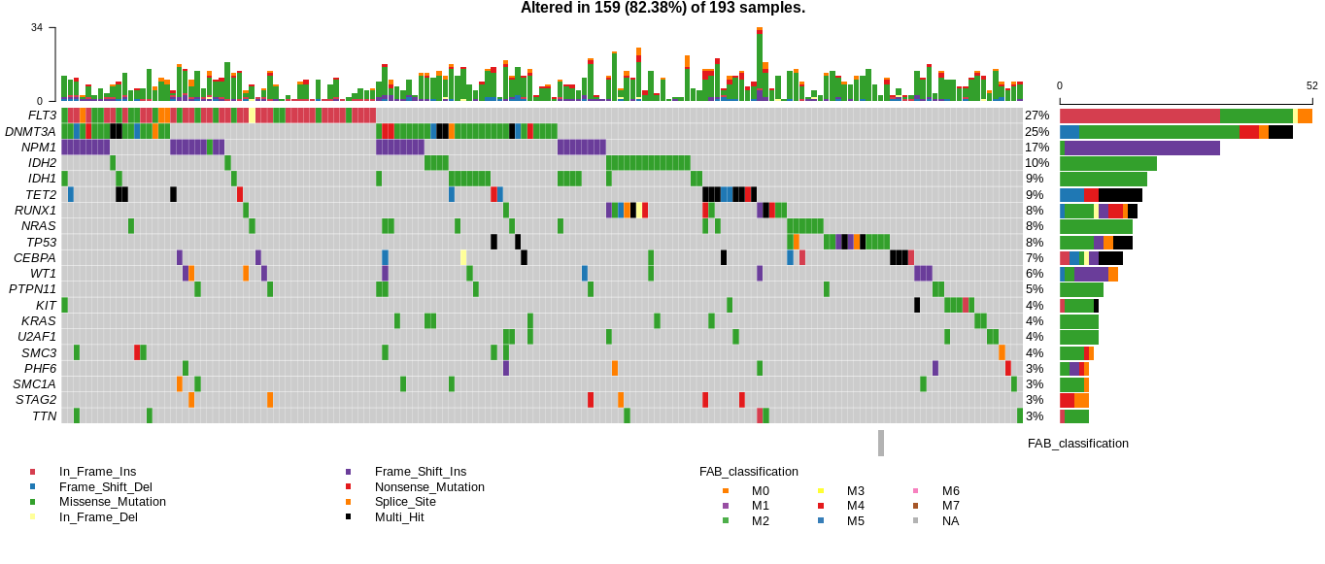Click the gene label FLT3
click(x=42, y=116)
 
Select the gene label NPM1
click(x=39, y=148)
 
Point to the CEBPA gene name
click(x=34, y=258)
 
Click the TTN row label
click(x=44, y=416)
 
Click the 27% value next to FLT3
click(x=1036, y=116)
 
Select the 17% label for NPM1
click(x=1036, y=148)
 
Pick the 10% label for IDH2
click(x=1036, y=163)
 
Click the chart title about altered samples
click(x=662, y=9)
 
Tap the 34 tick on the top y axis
click(x=37, y=27)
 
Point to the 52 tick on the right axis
click(x=1311, y=85)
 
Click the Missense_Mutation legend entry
click(x=112, y=502)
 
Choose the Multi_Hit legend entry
click(x=399, y=517)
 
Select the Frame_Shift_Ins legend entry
click(x=420, y=472)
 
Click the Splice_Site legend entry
click(x=405, y=502)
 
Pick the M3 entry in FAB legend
click(x=855, y=491)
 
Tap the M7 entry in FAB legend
click(x=950, y=506)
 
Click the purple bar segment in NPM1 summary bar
click(x=1141, y=148)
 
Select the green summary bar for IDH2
click(x=1107, y=163)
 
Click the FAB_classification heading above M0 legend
click(x=748, y=472)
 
